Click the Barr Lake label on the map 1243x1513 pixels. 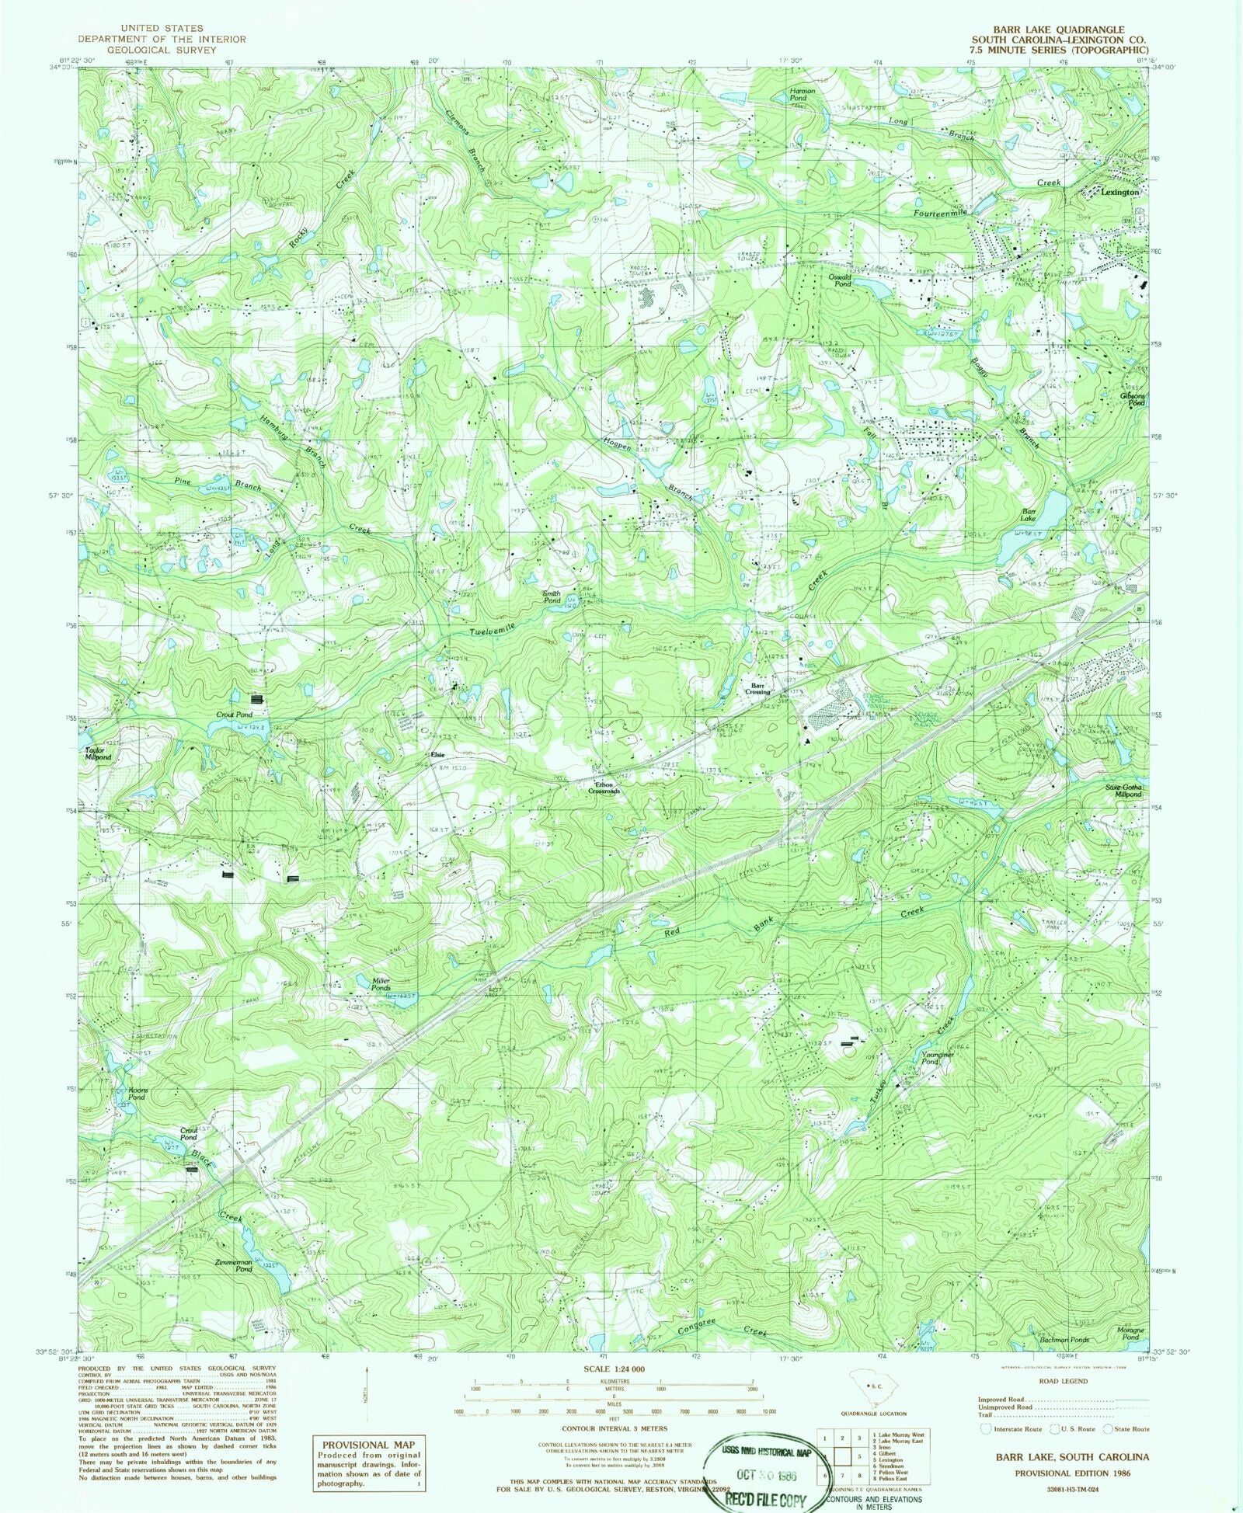coord(1029,515)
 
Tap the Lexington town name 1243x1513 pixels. coord(1119,192)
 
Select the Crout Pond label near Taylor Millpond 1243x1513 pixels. coord(234,715)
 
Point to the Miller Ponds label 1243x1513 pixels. coord(380,984)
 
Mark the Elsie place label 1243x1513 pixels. coord(437,755)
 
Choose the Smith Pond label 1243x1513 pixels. coord(552,597)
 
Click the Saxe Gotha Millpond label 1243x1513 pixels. coord(1124,791)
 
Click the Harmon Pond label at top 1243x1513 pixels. coord(803,94)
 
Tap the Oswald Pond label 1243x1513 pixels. coord(840,280)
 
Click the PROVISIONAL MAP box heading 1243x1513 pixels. coord(368,1445)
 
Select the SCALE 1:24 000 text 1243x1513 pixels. coord(613,1369)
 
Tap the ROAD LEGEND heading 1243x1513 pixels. coord(1063,1381)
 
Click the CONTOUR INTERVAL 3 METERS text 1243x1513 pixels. coord(615,1428)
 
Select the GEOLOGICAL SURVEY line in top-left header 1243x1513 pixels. coord(162,50)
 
